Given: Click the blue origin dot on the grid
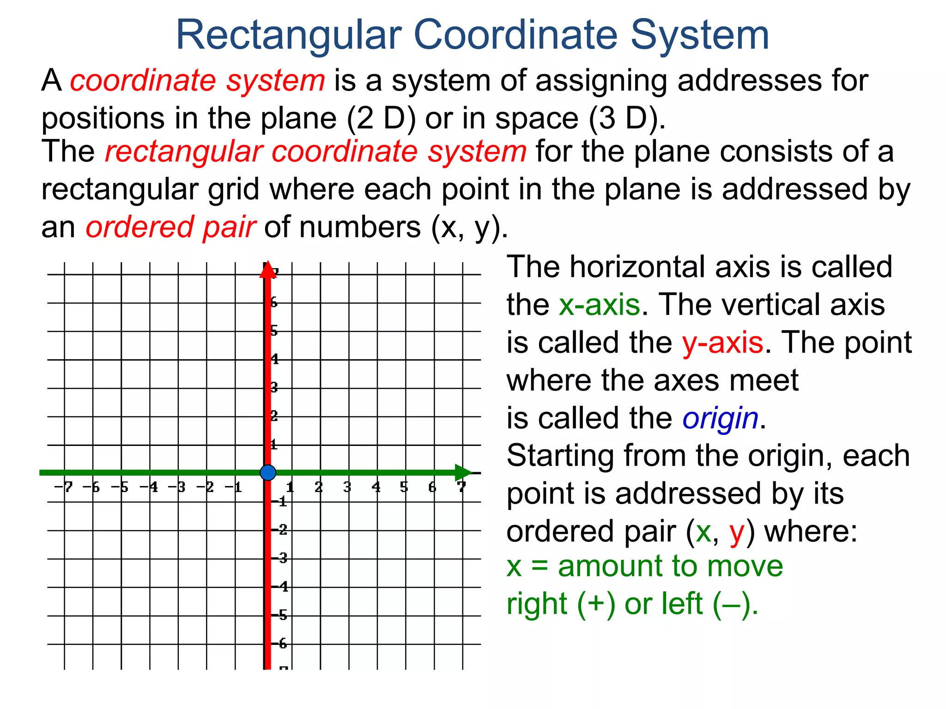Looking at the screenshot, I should pos(268,473).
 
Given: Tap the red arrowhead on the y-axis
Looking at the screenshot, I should pos(267,270).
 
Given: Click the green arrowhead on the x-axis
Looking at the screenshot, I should pos(463,473).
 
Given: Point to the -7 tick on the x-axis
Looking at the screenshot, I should pos(64,487).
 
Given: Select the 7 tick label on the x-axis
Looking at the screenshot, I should pos(461,487).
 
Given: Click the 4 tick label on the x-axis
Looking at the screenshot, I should pos(376,487).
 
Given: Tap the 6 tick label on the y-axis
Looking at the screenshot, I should pos(274,303).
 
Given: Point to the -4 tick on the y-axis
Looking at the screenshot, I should pos(280,587).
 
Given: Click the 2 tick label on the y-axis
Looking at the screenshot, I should pos(274,416).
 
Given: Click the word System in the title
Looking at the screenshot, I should pos(699,35).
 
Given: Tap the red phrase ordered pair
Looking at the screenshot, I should pos(170,227).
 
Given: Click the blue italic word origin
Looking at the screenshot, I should pos(720,418).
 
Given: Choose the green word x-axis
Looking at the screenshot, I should pos(599,305).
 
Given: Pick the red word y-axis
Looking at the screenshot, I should pos(722,342).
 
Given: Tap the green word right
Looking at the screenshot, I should pos(536,604).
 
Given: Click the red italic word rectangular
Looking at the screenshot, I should pos(183,151).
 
